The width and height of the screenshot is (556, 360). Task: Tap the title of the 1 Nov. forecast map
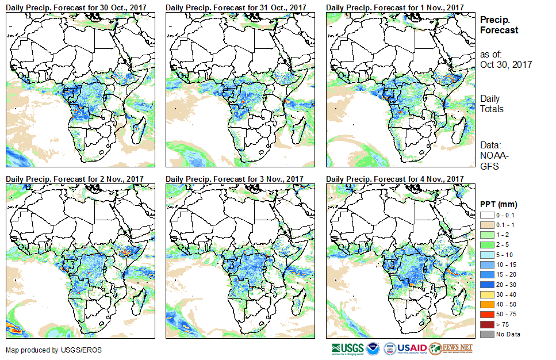[394, 7]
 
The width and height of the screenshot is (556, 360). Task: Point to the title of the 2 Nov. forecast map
[74, 179]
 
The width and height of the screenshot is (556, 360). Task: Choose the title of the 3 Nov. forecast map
[235, 179]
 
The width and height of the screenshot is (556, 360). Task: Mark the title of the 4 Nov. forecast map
[394, 179]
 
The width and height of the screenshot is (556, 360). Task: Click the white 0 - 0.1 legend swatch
[486, 215]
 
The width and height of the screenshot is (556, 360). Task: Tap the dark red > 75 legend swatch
[486, 324]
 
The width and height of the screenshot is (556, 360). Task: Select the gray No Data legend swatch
[486, 334]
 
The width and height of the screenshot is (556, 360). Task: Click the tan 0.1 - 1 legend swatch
[486, 224]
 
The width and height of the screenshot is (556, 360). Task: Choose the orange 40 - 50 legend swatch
[486, 304]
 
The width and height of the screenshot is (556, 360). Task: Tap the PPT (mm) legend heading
[499, 204]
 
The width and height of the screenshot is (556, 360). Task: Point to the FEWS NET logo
[451, 348]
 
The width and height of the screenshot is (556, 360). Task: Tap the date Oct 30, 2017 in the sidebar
[506, 64]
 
